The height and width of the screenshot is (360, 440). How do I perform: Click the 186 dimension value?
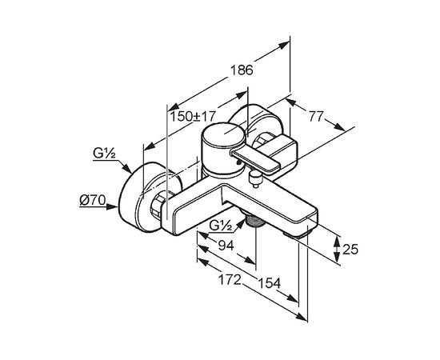point(242,70)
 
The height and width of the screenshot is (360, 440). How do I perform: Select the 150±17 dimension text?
point(193,116)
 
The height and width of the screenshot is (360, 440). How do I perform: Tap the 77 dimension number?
point(316,116)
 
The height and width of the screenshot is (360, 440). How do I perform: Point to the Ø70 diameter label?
point(92,200)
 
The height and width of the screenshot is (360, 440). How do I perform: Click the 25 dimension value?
point(350,249)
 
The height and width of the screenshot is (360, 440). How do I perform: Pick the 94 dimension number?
point(226,246)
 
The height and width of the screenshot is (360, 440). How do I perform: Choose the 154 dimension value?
point(269,283)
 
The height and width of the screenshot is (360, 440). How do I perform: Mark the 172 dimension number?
point(230,280)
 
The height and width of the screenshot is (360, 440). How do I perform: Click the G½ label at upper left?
point(104,154)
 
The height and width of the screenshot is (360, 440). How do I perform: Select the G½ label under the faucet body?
point(222,226)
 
